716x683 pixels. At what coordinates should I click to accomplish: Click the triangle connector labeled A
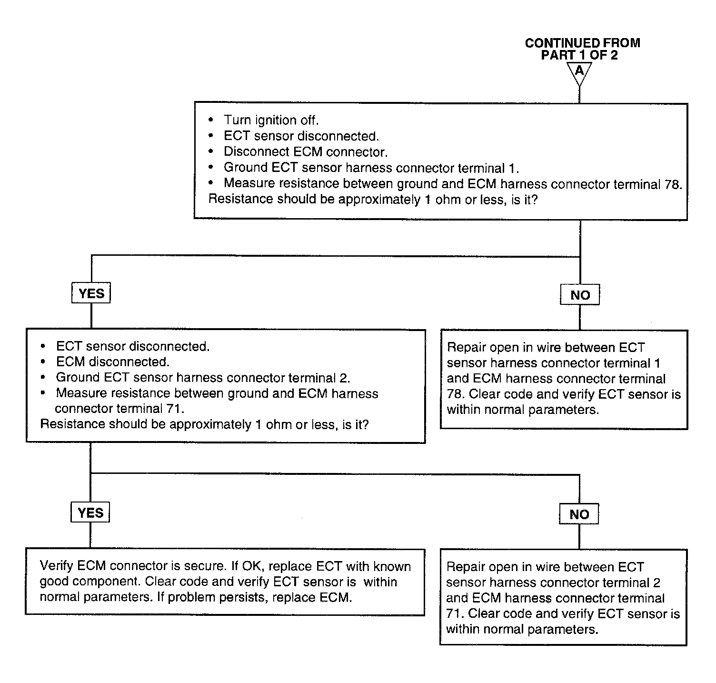(579, 72)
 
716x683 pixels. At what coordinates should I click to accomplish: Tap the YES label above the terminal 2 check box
(91, 293)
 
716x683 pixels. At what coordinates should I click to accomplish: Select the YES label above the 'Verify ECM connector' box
(90, 512)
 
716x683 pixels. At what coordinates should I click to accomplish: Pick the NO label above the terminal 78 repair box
(580, 295)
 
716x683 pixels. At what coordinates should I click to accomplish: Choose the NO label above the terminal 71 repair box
(579, 514)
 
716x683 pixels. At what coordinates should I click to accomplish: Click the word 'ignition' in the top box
(275, 120)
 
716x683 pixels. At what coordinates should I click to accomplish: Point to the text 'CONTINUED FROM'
(582, 43)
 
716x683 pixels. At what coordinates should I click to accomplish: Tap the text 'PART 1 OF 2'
(579, 55)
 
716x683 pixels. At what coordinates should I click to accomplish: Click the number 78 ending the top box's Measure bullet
(672, 184)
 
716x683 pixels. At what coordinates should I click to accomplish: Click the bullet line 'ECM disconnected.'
(113, 362)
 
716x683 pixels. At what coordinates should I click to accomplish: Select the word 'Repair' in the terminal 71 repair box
(466, 567)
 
